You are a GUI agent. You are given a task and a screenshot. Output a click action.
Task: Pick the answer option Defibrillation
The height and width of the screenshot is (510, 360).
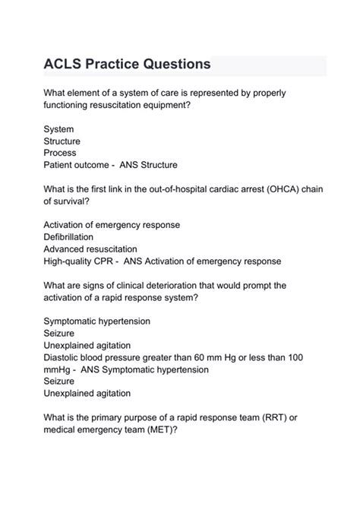click(x=72, y=237)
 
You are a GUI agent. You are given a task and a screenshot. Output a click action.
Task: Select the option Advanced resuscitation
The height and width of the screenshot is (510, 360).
click(x=90, y=249)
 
